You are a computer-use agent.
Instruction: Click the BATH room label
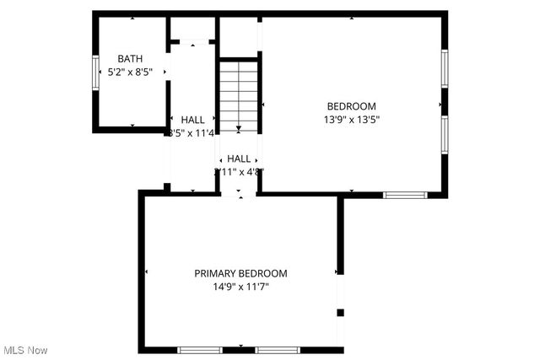point(130,59)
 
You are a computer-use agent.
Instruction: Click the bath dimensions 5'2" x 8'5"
point(130,73)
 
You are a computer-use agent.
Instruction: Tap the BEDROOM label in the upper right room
point(352,106)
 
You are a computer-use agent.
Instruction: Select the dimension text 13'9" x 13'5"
point(352,120)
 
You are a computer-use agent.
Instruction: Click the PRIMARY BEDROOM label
point(240,274)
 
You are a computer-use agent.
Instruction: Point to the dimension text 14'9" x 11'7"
point(240,287)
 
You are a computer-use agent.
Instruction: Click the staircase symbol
point(239,93)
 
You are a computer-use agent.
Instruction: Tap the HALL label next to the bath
point(193,121)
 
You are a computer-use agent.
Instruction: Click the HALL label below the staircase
point(239,159)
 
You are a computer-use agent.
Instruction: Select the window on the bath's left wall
point(95,72)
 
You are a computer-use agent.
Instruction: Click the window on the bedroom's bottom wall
point(405,195)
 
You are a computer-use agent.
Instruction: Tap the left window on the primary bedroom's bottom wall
point(200,349)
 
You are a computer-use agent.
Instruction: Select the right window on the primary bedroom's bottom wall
point(278,349)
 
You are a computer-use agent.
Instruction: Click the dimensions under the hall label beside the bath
point(193,133)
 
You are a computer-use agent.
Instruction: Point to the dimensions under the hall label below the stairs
point(240,172)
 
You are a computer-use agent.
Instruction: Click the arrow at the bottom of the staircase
point(239,128)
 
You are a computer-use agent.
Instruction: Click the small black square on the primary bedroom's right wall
point(341,313)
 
